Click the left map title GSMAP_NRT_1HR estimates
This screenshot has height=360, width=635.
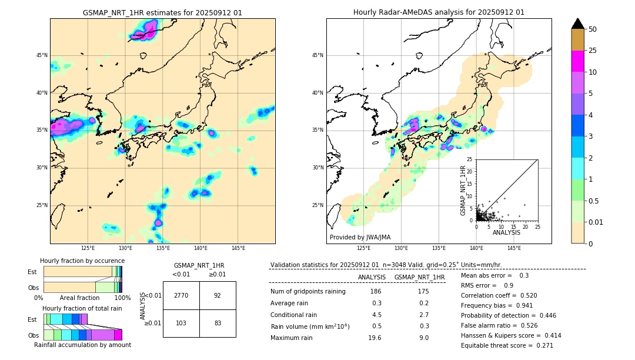click(x=162, y=12)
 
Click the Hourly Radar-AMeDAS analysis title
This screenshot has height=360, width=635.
click(x=439, y=12)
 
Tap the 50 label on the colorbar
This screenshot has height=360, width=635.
click(x=593, y=29)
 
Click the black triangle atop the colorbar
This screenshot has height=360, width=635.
click(x=578, y=24)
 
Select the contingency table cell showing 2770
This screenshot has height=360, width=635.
click(x=181, y=295)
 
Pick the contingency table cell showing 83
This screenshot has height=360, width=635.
click(x=218, y=323)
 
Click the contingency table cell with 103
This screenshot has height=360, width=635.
click(x=181, y=323)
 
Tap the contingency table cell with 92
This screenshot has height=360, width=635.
click(x=218, y=295)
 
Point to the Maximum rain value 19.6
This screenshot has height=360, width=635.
click(x=375, y=338)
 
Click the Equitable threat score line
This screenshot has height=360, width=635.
click(x=507, y=345)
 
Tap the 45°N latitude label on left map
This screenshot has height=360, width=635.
click(x=42, y=55)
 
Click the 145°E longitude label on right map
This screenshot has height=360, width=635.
click(x=514, y=248)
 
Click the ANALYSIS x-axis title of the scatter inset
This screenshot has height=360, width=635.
click(x=506, y=232)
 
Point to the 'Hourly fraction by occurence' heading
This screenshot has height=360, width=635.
click(x=82, y=261)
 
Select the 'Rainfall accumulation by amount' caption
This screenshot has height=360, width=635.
click(x=82, y=345)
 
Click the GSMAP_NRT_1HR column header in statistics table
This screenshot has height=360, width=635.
click(x=419, y=277)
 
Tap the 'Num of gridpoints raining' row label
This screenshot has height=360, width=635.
click(x=308, y=292)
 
